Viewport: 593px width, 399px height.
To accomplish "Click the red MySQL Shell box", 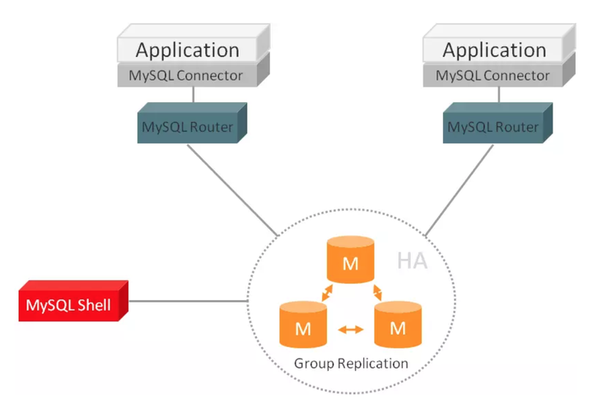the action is (73, 301).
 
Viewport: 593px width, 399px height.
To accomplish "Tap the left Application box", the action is (194, 43).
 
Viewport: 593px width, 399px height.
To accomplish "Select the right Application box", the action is (499, 43).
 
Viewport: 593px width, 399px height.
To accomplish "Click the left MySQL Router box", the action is (192, 123).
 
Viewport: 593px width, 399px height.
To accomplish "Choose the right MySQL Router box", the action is (497, 123).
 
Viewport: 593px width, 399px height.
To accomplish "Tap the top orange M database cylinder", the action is (351, 260).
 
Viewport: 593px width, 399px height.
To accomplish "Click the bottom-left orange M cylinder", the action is (303, 325).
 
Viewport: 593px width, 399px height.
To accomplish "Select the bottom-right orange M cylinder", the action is (398, 325).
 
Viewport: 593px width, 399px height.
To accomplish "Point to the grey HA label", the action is (413, 261).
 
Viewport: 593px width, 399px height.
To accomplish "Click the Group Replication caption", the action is (351, 364).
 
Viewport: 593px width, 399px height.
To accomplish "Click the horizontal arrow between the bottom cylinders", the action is (351, 330).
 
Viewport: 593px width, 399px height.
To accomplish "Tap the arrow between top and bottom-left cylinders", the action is (327, 293).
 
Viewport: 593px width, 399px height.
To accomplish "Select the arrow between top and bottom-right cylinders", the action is (377, 293).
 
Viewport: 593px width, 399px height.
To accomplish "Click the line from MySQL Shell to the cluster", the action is (189, 302).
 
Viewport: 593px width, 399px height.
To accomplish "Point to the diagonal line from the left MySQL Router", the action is (232, 190).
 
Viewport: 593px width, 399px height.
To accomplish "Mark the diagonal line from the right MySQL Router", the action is (460, 190).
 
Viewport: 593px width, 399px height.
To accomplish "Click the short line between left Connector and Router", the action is (194, 95).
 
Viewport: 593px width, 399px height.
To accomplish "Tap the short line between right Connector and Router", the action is (499, 95).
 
